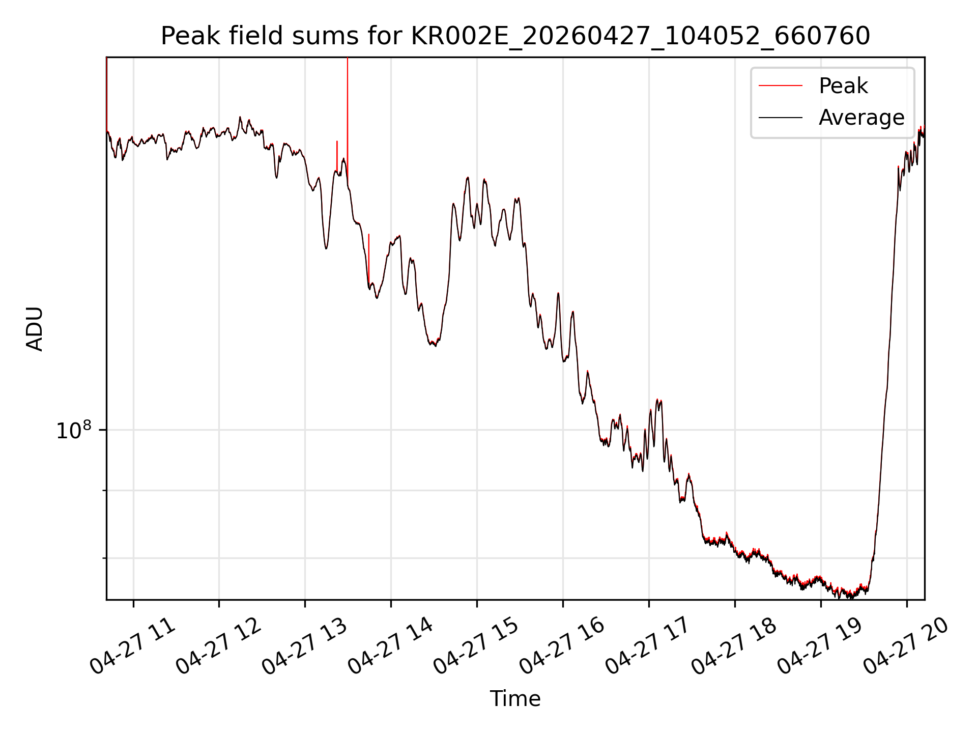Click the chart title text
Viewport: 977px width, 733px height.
(x=515, y=36)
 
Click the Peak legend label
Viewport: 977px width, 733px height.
(x=843, y=86)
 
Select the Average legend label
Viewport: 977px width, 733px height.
(x=861, y=118)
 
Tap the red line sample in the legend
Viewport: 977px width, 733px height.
(x=781, y=86)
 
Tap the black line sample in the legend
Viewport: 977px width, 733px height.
(x=781, y=118)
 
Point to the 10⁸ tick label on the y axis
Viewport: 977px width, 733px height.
(x=73, y=430)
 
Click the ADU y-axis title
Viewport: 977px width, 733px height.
(x=35, y=329)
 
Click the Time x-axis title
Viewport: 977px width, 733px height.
(x=515, y=698)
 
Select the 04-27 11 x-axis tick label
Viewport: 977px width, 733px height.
(x=133, y=646)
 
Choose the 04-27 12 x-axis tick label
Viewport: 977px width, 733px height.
(x=219, y=646)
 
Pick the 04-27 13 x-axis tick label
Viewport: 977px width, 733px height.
(x=305, y=646)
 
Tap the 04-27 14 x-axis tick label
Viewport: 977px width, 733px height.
(x=391, y=646)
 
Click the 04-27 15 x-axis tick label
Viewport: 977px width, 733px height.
(x=477, y=646)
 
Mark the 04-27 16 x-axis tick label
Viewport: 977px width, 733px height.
(x=563, y=646)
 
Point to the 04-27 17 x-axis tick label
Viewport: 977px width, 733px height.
(x=649, y=646)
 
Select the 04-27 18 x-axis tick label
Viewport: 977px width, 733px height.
(x=735, y=646)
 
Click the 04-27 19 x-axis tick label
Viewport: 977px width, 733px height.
(x=821, y=646)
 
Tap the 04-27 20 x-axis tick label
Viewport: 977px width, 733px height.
(x=907, y=646)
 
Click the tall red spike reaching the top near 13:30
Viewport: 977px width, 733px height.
(x=348, y=117)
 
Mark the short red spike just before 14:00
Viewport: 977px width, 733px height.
(x=369, y=260)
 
